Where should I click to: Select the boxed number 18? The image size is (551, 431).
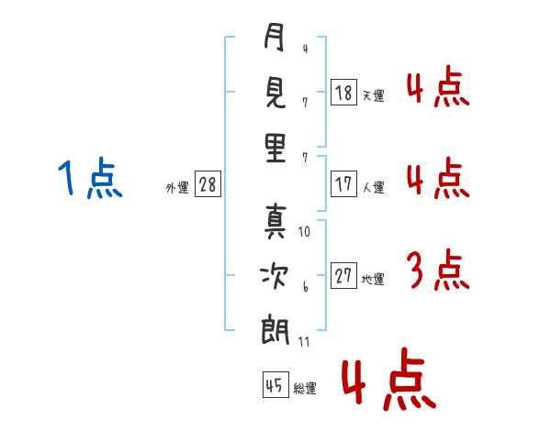point(343,93)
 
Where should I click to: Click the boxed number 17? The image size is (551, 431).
point(343,184)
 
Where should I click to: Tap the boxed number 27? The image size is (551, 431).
point(343,276)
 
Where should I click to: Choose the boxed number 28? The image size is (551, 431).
point(208,184)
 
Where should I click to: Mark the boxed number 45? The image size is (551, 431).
point(275,385)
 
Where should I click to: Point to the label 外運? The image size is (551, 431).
point(177,187)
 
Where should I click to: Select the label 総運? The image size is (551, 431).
point(305,388)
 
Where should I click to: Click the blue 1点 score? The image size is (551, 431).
point(90,179)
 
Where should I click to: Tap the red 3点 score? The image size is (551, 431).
point(437,271)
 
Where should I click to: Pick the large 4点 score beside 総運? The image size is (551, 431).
point(388,383)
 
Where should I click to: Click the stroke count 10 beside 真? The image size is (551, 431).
point(305,232)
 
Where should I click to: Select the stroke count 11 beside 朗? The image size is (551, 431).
point(305,341)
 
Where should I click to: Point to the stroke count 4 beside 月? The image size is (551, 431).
point(305,49)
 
